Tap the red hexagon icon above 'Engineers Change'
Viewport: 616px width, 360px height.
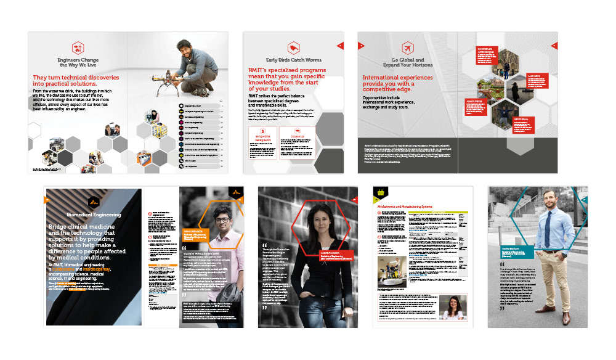[78, 47]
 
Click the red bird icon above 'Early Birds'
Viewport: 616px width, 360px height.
[293, 47]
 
